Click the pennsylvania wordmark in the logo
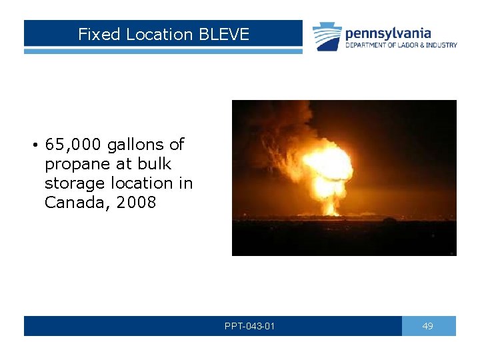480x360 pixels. click(x=388, y=33)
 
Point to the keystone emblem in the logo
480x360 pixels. click(x=327, y=36)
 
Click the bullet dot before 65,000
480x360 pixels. click(x=33, y=145)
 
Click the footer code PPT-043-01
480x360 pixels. click(x=250, y=326)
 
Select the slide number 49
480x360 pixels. click(x=428, y=326)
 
